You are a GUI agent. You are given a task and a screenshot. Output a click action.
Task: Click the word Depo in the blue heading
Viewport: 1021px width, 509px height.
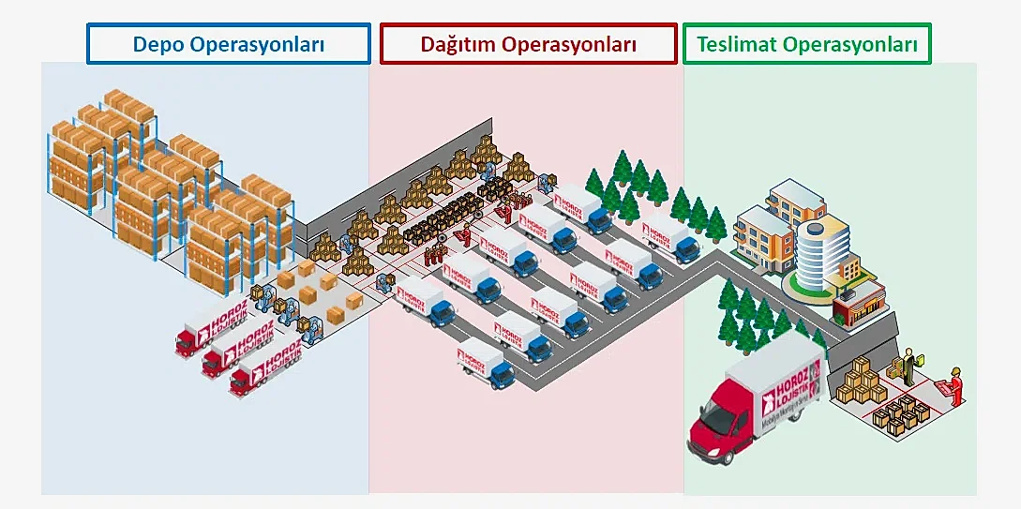pyautogui.click(x=158, y=44)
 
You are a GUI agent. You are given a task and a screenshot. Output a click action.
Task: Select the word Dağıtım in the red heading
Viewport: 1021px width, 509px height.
pyautogui.click(x=458, y=44)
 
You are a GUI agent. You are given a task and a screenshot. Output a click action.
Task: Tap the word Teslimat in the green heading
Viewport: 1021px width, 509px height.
pyautogui.click(x=737, y=44)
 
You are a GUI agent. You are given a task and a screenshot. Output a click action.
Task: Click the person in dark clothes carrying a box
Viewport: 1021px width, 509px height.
pyautogui.click(x=908, y=366)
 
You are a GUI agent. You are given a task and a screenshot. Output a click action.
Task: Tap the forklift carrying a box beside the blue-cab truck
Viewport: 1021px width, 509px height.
pyautogui.click(x=384, y=286)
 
